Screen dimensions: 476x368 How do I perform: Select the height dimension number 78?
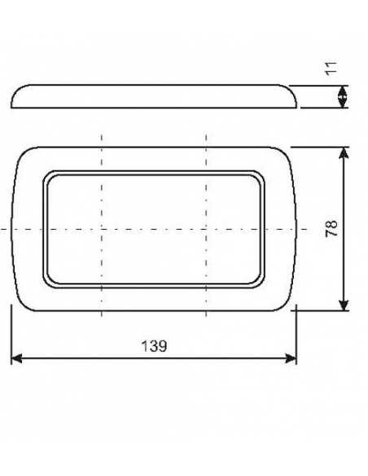coord(331,228)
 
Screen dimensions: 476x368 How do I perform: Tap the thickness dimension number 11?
coord(331,68)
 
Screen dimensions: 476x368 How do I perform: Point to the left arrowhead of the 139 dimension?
coord(16,358)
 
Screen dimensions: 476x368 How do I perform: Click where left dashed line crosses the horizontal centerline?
coord(102,229)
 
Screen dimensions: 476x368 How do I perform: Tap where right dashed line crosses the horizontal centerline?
coord(207,229)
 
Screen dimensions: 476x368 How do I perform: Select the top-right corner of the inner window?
coord(260,176)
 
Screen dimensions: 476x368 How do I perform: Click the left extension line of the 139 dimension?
coord(11,334)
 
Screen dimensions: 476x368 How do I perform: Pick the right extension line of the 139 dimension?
coord(297,334)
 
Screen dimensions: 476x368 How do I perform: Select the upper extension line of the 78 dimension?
coord(322,147)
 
